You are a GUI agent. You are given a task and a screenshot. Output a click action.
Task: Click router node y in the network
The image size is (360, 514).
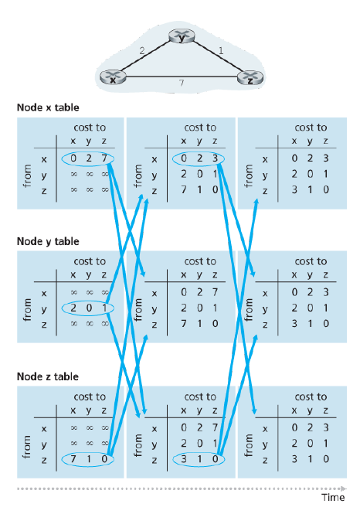pyautogui.click(x=182, y=36)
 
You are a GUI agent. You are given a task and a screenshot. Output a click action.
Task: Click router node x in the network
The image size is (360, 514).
pyautogui.click(x=113, y=77)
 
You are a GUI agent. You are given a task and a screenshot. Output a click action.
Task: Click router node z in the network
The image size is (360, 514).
pyautogui.click(x=250, y=78)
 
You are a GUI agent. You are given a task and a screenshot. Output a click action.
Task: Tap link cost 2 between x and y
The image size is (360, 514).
pyautogui.click(x=141, y=51)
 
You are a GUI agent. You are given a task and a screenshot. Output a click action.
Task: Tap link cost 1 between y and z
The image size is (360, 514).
pyautogui.click(x=221, y=50)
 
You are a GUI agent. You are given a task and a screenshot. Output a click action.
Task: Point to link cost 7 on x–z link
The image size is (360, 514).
pyautogui.click(x=182, y=83)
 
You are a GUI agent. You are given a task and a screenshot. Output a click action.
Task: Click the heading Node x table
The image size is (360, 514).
pyautogui.click(x=48, y=107)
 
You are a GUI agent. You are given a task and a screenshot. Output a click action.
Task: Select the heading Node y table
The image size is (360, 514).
pyautogui.click(x=48, y=242)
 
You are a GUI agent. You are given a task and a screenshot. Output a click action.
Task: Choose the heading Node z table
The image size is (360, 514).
pyautogui.click(x=47, y=376)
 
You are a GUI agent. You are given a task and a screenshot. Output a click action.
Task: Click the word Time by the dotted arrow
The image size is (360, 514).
pyautogui.click(x=333, y=497)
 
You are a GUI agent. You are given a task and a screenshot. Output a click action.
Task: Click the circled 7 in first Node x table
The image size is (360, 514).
pyautogui.click(x=104, y=158)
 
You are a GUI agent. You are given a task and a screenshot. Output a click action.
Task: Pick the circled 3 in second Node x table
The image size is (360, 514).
pyautogui.click(x=215, y=158)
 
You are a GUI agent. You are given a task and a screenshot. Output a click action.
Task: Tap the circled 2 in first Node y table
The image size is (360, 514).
pyautogui.click(x=73, y=308)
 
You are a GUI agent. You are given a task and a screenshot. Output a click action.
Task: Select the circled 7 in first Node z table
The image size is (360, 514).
pyautogui.click(x=73, y=459)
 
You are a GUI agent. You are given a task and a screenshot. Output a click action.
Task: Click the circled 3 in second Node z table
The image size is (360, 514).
pyautogui.click(x=184, y=459)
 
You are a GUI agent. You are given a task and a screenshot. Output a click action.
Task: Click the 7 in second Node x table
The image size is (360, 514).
pyautogui.click(x=184, y=189)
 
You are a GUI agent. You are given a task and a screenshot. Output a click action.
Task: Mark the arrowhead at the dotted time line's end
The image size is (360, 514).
pyautogui.click(x=344, y=488)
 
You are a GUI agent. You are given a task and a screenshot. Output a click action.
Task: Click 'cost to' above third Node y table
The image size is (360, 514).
pyautogui.click(x=311, y=261)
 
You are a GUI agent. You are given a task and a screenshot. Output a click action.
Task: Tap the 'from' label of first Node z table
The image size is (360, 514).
pyautogui.click(x=27, y=447)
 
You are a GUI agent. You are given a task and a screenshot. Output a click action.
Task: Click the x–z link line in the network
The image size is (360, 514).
pyautogui.click(x=182, y=77)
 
